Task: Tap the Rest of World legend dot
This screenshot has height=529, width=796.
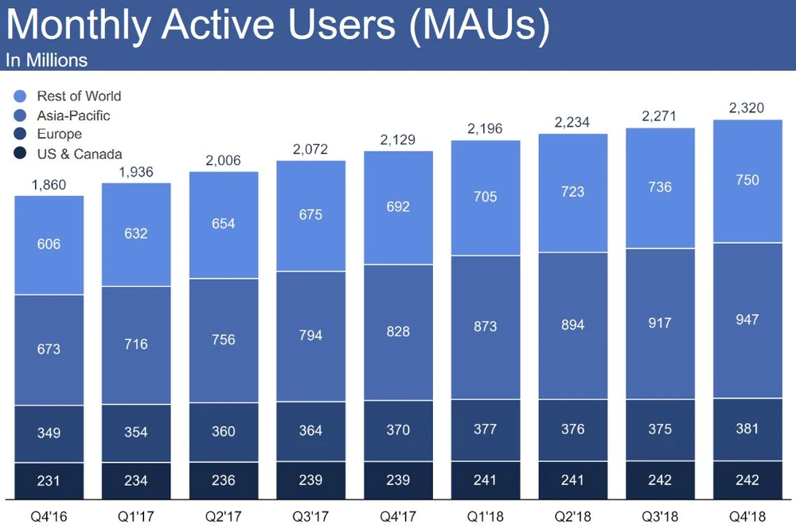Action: point(21,96)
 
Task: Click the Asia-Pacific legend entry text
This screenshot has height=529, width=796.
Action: point(73,116)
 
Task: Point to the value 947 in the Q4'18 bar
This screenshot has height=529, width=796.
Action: point(747,319)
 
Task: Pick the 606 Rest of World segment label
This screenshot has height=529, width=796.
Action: point(49,244)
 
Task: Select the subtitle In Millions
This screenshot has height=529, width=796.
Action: point(46,60)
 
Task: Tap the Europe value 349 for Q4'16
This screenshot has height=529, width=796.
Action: point(49,433)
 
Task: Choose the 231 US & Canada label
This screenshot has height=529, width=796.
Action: point(49,480)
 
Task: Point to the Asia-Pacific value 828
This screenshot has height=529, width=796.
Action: point(397,331)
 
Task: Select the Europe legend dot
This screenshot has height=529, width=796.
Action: point(21,135)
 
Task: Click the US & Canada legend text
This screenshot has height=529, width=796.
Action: point(80,154)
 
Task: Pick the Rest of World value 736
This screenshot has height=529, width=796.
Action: point(660,187)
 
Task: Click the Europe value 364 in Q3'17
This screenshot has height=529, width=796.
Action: point(310,430)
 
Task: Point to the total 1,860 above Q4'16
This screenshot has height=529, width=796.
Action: point(49,185)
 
